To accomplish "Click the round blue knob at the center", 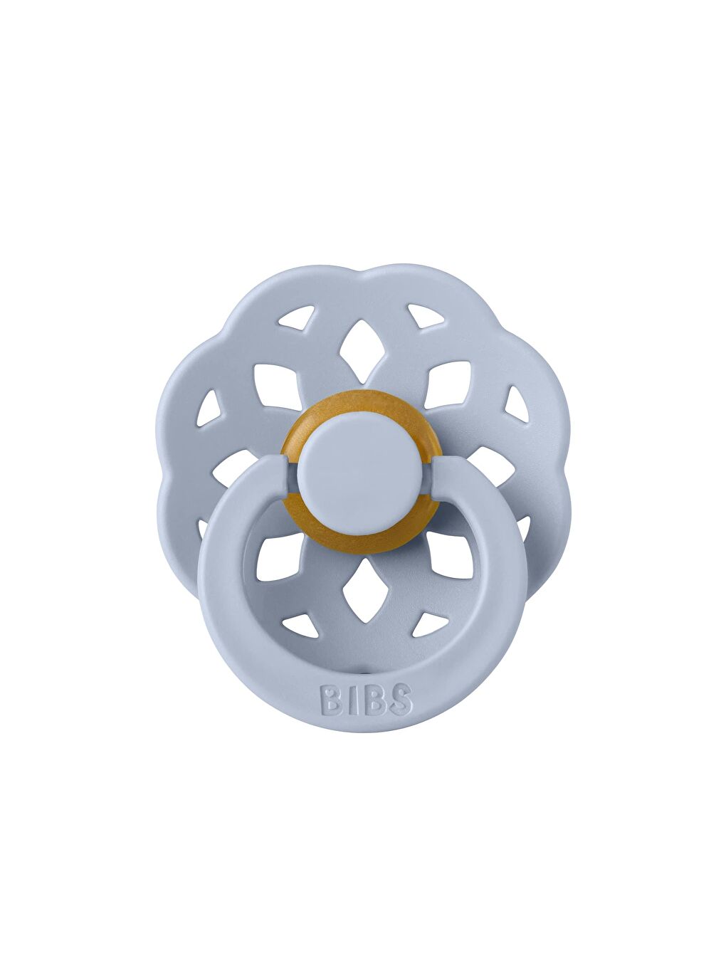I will tap(362, 474).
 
